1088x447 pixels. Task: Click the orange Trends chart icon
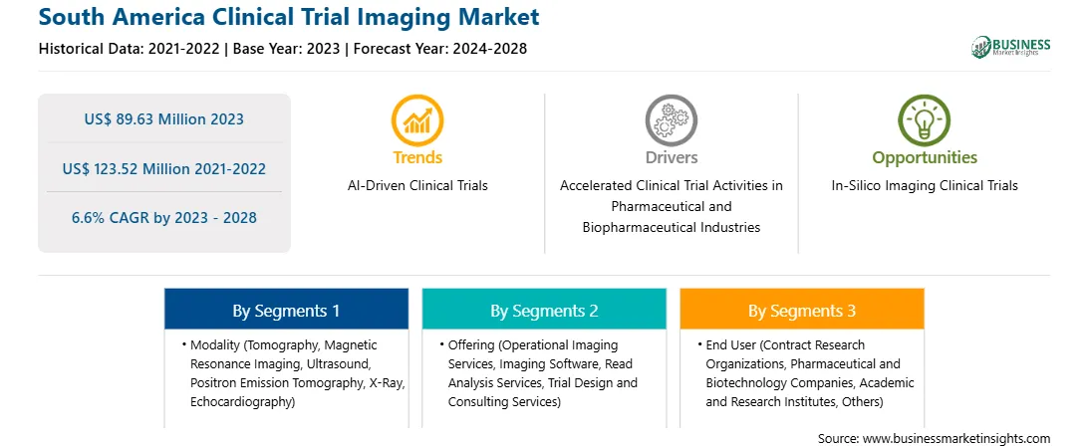click(x=417, y=120)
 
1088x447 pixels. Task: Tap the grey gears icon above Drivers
click(x=671, y=120)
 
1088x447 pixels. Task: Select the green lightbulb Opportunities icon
click(x=925, y=120)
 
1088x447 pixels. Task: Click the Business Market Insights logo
click(x=1011, y=47)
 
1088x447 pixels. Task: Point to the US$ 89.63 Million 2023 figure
click(x=163, y=119)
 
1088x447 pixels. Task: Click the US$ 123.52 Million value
click(x=126, y=168)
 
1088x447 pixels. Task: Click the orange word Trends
click(x=417, y=157)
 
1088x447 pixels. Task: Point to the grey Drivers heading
click(x=671, y=157)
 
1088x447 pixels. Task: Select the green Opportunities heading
click(x=925, y=158)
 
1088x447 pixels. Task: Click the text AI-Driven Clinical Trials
click(x=417, y=186)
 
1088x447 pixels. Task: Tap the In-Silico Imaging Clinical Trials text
click(x=925, y=186)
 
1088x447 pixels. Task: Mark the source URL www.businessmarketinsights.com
click(x=956, y=438)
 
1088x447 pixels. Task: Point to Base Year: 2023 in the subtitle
click(x=287, y=49)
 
